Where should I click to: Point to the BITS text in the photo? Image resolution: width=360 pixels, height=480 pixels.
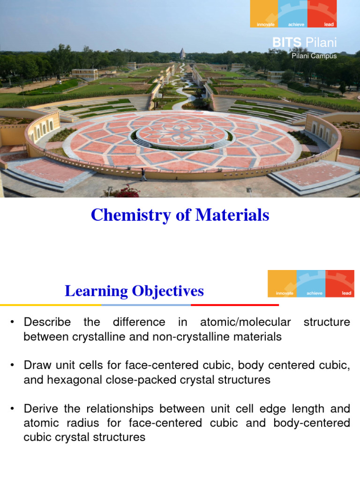[286, 44]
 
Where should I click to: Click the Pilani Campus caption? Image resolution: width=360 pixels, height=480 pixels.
[314, 56]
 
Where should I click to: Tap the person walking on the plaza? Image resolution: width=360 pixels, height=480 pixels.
[143, 174]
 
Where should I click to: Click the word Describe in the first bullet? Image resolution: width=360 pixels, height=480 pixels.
[47, 322]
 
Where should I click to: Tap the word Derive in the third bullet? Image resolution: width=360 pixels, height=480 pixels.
[39, 409]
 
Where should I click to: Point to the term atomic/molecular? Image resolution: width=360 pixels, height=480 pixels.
[245, 322]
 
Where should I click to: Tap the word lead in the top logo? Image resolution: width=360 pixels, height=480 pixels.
[329, 24]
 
